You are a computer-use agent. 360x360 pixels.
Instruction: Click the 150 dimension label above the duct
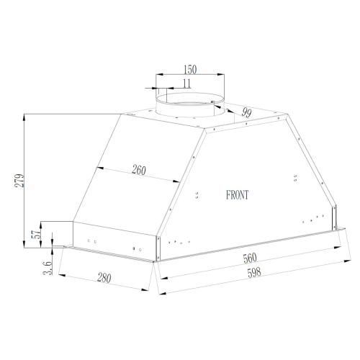point(190,70)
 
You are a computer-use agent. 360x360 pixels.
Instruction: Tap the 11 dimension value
point(186,84)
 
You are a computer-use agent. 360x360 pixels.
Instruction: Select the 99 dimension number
point(246,112)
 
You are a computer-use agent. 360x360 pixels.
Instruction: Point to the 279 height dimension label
point(19,181)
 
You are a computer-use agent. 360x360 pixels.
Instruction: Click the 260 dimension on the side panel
point(139,170)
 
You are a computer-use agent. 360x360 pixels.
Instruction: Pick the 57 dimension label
point(36,234)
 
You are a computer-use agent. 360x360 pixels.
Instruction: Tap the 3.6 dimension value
point(48,268)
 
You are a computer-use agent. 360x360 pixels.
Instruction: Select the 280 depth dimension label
point(104,278)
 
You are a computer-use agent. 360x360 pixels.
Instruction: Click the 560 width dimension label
point(250,258)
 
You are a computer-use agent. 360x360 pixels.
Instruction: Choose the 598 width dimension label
point(254,273)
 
